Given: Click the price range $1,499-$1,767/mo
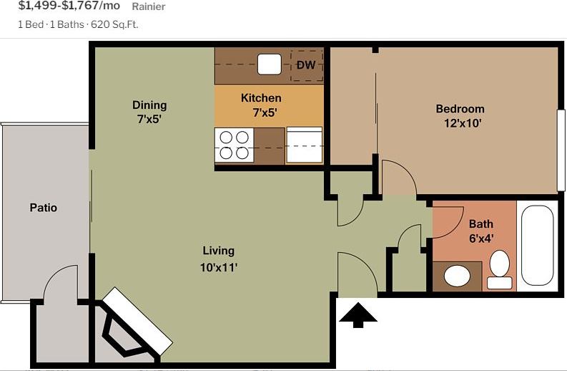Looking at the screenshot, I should tap(69, 6).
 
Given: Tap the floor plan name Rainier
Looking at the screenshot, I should tap(149, 7).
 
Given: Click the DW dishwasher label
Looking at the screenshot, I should tap(306, 66).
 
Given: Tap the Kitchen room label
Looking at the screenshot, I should tap(261, 98).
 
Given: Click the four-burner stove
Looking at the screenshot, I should tap(234, 145).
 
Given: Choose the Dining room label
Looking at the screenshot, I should tap(149, 105).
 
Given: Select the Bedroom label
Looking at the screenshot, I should tap(460, 109).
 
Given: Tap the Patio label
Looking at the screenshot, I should tap(43, 208).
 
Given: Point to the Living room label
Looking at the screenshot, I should tap(218, 251).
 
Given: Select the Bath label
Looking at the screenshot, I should tap(480, 224).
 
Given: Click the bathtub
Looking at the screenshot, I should tap(538, 246).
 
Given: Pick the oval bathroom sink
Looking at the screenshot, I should tap(456, 275).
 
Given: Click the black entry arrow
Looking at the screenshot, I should tap(358, 314).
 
